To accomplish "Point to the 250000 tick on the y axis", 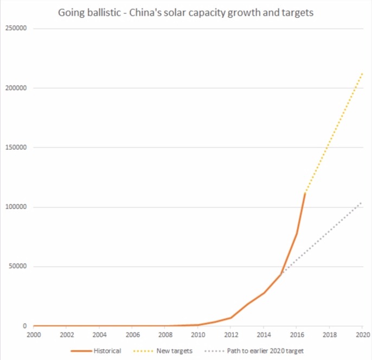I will (x=16, y=29).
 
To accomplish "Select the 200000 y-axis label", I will (x=16, y=88).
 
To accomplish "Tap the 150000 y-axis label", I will (x=16, y=148).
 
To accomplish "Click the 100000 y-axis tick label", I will (x=16, y=207).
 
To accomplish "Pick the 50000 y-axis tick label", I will (x=18, y=267).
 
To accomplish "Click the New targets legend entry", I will (x=173, y=351).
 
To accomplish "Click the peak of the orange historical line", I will (x=305, y=193).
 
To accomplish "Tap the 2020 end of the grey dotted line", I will (x=362, y=203).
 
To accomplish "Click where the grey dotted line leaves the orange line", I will (x=280, y=274).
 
